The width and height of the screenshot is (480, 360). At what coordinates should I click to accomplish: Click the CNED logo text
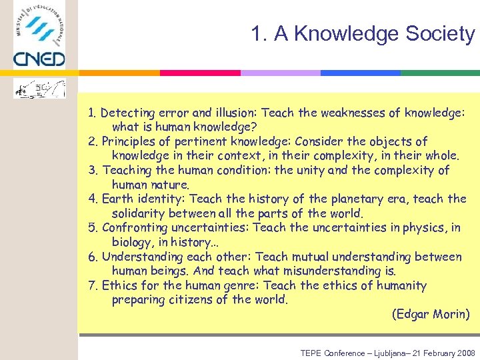pyautogui.click(x=39, y=59)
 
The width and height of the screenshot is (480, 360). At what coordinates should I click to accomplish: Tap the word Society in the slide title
pyautogui.click(x=440, y=34)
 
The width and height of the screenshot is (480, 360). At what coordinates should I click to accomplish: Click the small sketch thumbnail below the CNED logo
pyautogui.click(x=39, y=88)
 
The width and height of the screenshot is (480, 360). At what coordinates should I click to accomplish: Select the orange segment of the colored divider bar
pyautogui.click(x=120, y=73)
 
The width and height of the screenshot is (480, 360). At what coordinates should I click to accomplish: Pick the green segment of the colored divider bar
pyautogui.click(x=440, y=73)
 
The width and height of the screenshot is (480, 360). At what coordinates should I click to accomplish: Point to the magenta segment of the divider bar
pyautogui.click(x=200, y=73)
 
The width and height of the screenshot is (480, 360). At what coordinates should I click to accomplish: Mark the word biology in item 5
pyautogui.click(x=132, y=242)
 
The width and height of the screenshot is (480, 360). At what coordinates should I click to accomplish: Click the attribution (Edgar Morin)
pyautogui.click(x=431, y=314)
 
